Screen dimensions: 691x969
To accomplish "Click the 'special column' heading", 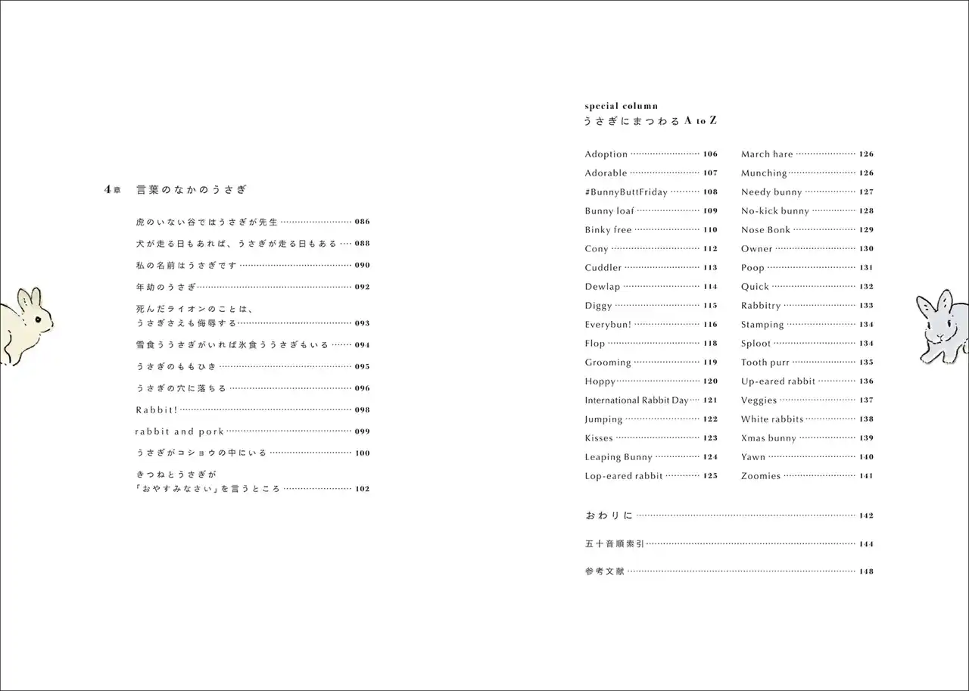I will click(621, 106).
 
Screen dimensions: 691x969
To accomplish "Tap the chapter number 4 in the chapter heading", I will click(107, 190).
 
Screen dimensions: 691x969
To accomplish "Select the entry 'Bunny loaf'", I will click(609, 211).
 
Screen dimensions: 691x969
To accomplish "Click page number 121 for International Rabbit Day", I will click(709, 400).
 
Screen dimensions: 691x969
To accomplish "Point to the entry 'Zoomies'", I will click(760, 476).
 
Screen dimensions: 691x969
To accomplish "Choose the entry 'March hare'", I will click(766, 154).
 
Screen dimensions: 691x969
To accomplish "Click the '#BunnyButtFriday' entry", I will click(625, 192).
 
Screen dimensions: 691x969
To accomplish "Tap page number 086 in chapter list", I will click(362, 223).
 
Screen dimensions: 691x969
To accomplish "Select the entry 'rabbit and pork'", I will click(179, 431).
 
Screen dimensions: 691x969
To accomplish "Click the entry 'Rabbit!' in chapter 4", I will click(156, 410).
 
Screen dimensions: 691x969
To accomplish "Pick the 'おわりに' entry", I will click(608, 515).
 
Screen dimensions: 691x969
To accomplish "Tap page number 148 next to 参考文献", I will click(866, 571).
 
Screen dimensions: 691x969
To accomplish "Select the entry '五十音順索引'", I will click(614, 543).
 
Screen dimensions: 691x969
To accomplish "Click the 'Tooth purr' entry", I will click(765, 363).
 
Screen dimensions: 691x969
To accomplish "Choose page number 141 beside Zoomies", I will click(866, 476).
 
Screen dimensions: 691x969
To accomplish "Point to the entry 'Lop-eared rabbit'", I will click(623, 476).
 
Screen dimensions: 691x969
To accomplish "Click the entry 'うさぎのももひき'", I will click(175, 366).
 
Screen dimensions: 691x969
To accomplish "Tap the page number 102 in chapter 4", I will click(362, 489).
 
